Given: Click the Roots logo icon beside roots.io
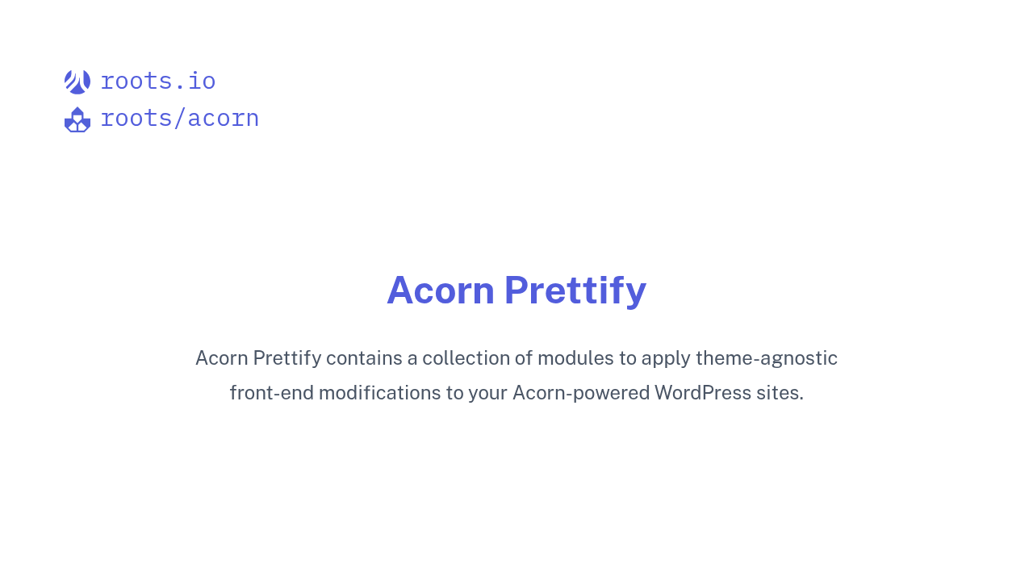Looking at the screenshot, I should (77, 82).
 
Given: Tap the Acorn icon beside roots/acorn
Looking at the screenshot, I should (77, 119).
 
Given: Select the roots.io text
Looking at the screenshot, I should (158, 82).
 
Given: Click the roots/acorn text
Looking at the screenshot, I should (179, 119).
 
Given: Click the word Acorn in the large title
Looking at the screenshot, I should (441, 290).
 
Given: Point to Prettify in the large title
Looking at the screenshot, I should (575, 290).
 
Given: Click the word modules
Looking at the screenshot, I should (575, 358).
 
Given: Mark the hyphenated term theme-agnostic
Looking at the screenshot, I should (767, 358).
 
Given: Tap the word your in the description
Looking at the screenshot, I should (487, 394).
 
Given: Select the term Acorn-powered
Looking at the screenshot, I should (581, 393).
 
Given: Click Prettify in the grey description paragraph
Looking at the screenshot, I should (287, 358).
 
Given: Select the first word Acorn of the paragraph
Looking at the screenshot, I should (221, 358).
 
